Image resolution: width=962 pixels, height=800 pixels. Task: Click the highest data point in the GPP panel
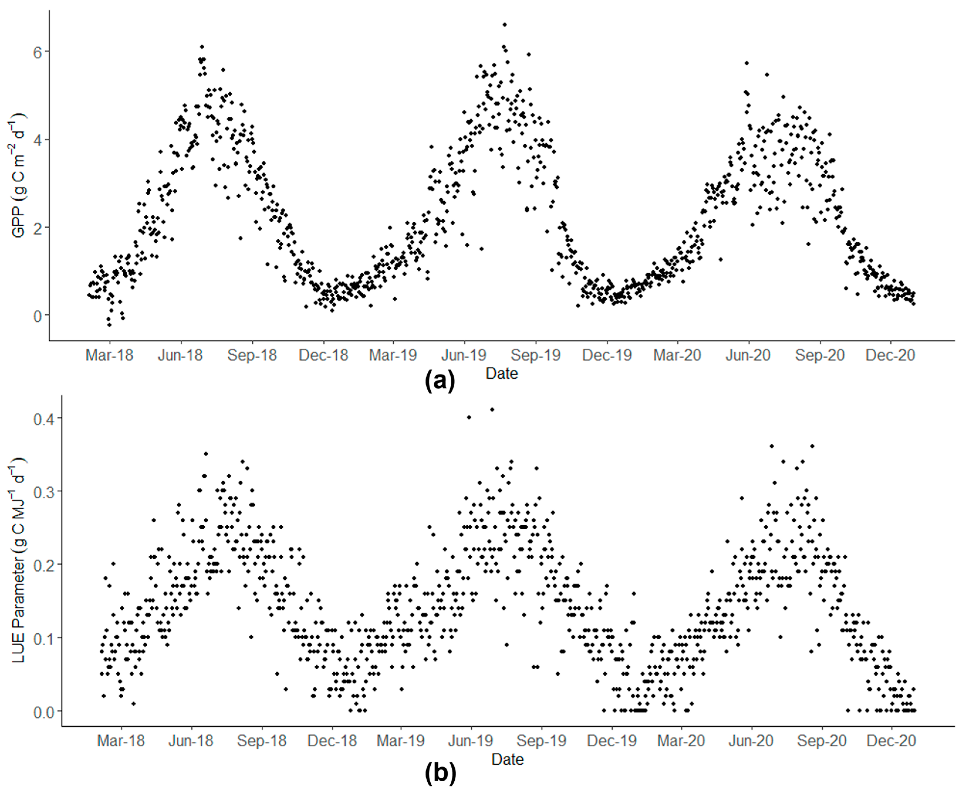pyautogui.click(x=504, y=25)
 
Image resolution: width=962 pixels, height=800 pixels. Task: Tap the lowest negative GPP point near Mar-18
pyautogui.click(x=109, y=325)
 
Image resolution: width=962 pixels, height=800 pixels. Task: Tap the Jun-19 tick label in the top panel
pyautogui.click(x=464, y=355)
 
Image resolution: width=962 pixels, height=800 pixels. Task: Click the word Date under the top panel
pyautogui.click(x=502, y=373)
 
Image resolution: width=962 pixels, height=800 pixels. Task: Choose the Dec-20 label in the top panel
pyautogui.click(x=890, y=355)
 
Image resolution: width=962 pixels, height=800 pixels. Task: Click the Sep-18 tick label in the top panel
pyautogui.click(x=252, y=355)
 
